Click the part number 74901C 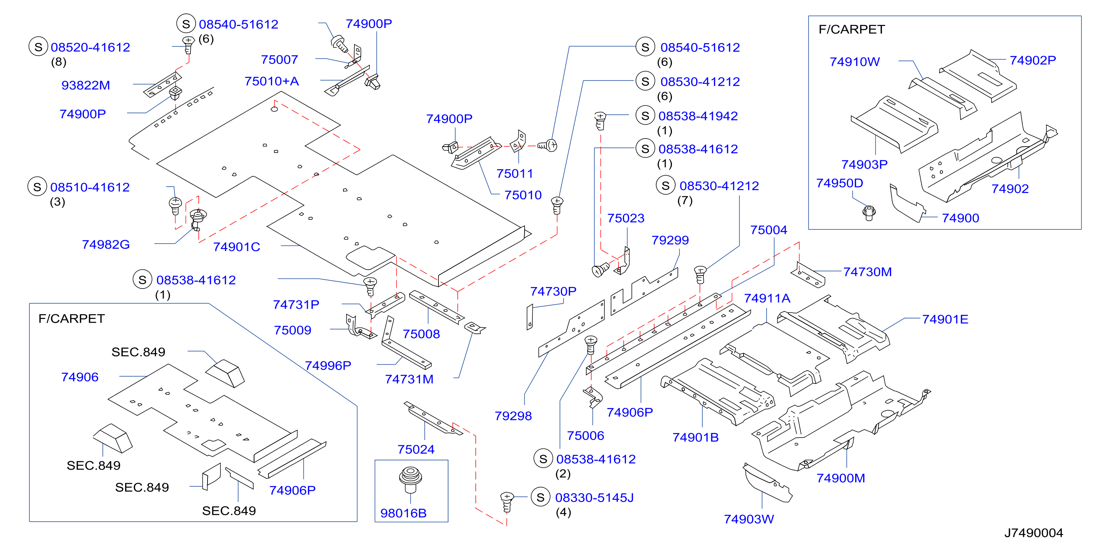pos(236,247)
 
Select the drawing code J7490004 pos(1034,533)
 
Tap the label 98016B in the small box pos(403,513)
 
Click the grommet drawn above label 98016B pos(410,479)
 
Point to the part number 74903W pos(749,519)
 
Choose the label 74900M pos(841,478)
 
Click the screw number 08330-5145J pos(594,498)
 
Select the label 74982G pos(106,245)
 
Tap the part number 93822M pos(86,85)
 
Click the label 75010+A pos(271,81)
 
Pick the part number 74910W pos(855,62)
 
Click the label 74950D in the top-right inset pos(840,183)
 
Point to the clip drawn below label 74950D pos(869,212)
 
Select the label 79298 pos(513,416)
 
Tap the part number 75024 pos(416,449)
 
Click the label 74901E pos(945,319)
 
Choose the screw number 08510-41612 pos(90,188)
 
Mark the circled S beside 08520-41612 pos(38,47)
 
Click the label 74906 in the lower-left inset pos(80,377)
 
